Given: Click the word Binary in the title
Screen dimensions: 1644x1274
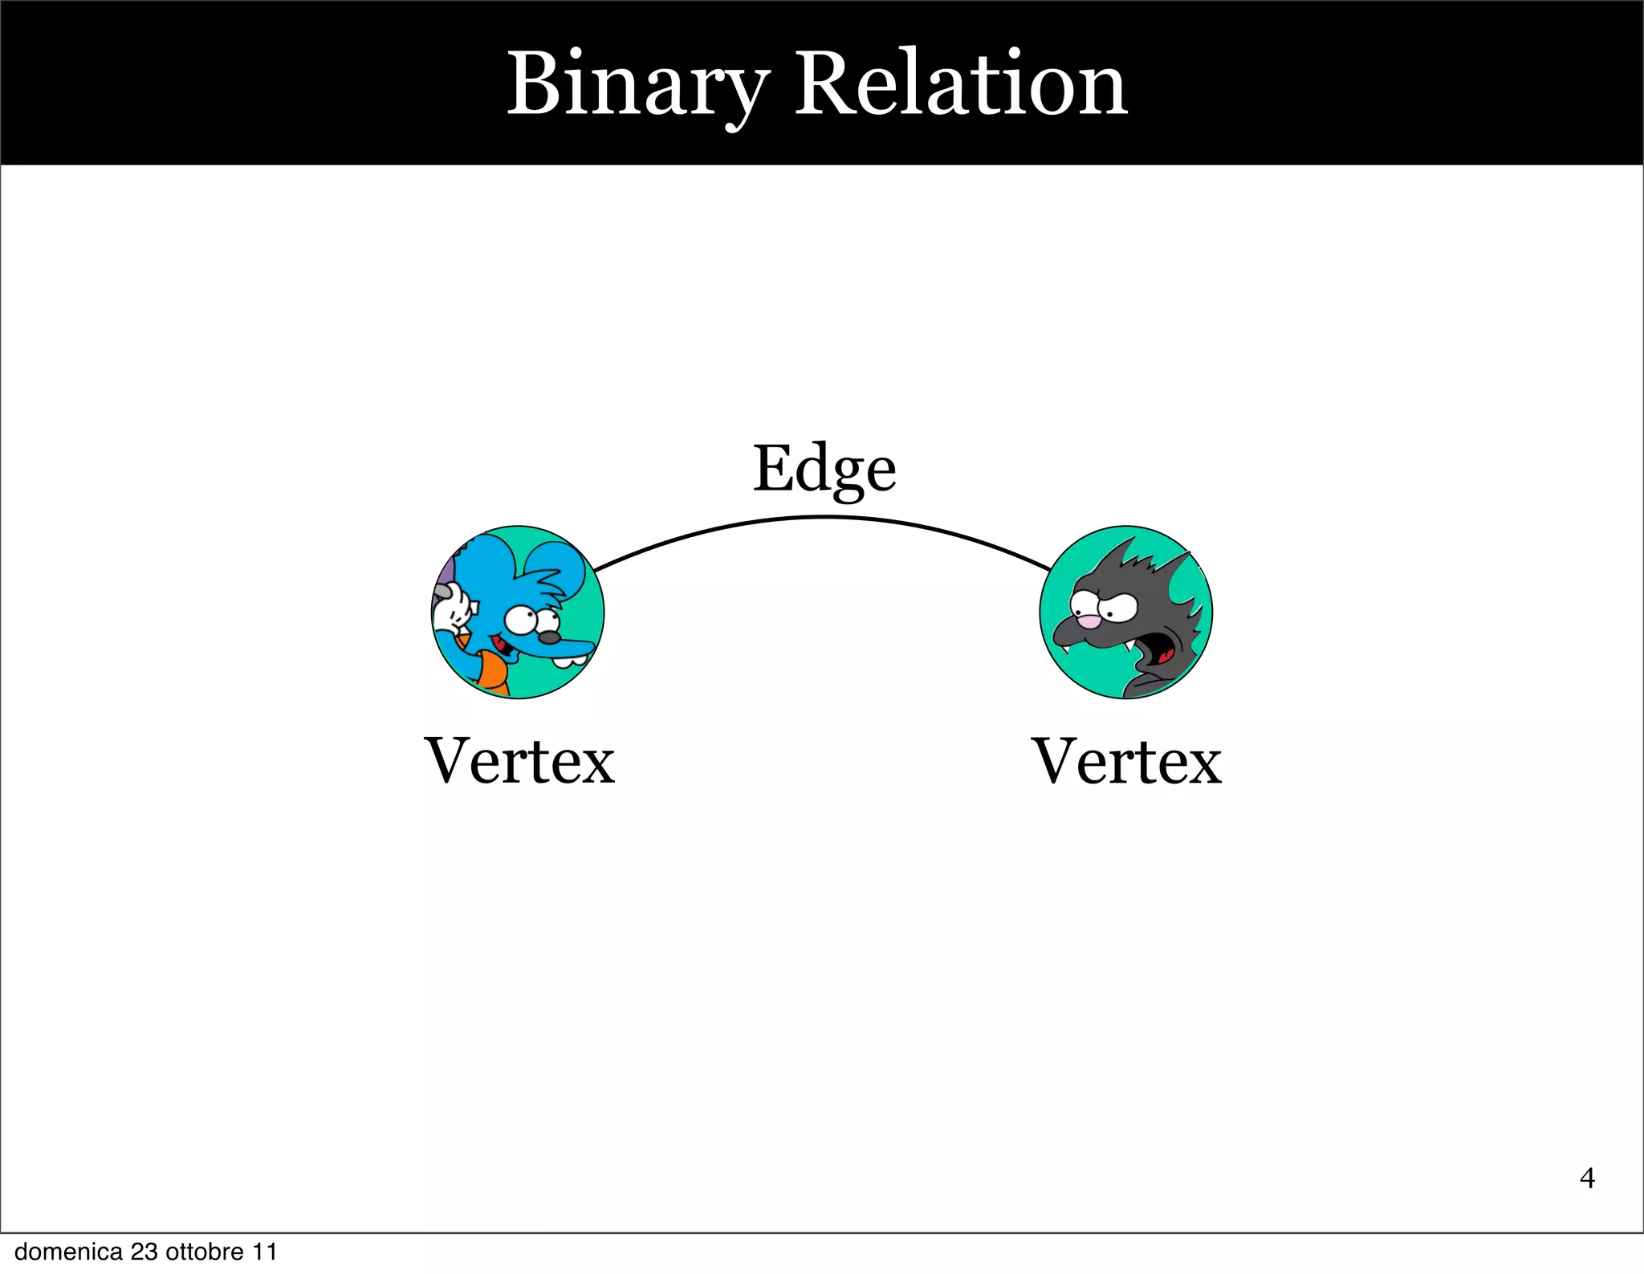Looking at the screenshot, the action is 638,85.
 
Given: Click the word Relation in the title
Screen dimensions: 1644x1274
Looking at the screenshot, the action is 961,85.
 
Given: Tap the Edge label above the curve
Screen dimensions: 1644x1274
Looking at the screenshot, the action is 824,469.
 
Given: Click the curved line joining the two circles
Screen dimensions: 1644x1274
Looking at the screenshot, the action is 824,519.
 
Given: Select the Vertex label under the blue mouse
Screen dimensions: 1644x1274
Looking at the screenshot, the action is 519,761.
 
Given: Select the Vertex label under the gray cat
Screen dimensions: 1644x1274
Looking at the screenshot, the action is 1126,761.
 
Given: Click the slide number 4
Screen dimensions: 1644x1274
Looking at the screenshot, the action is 1587,1178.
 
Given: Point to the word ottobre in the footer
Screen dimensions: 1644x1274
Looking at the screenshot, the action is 205,1252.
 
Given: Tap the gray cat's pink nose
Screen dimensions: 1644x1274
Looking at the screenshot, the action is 1089,621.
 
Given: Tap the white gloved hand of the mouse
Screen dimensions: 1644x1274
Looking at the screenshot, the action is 450,612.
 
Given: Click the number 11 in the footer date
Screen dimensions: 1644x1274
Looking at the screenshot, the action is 265,1252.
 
